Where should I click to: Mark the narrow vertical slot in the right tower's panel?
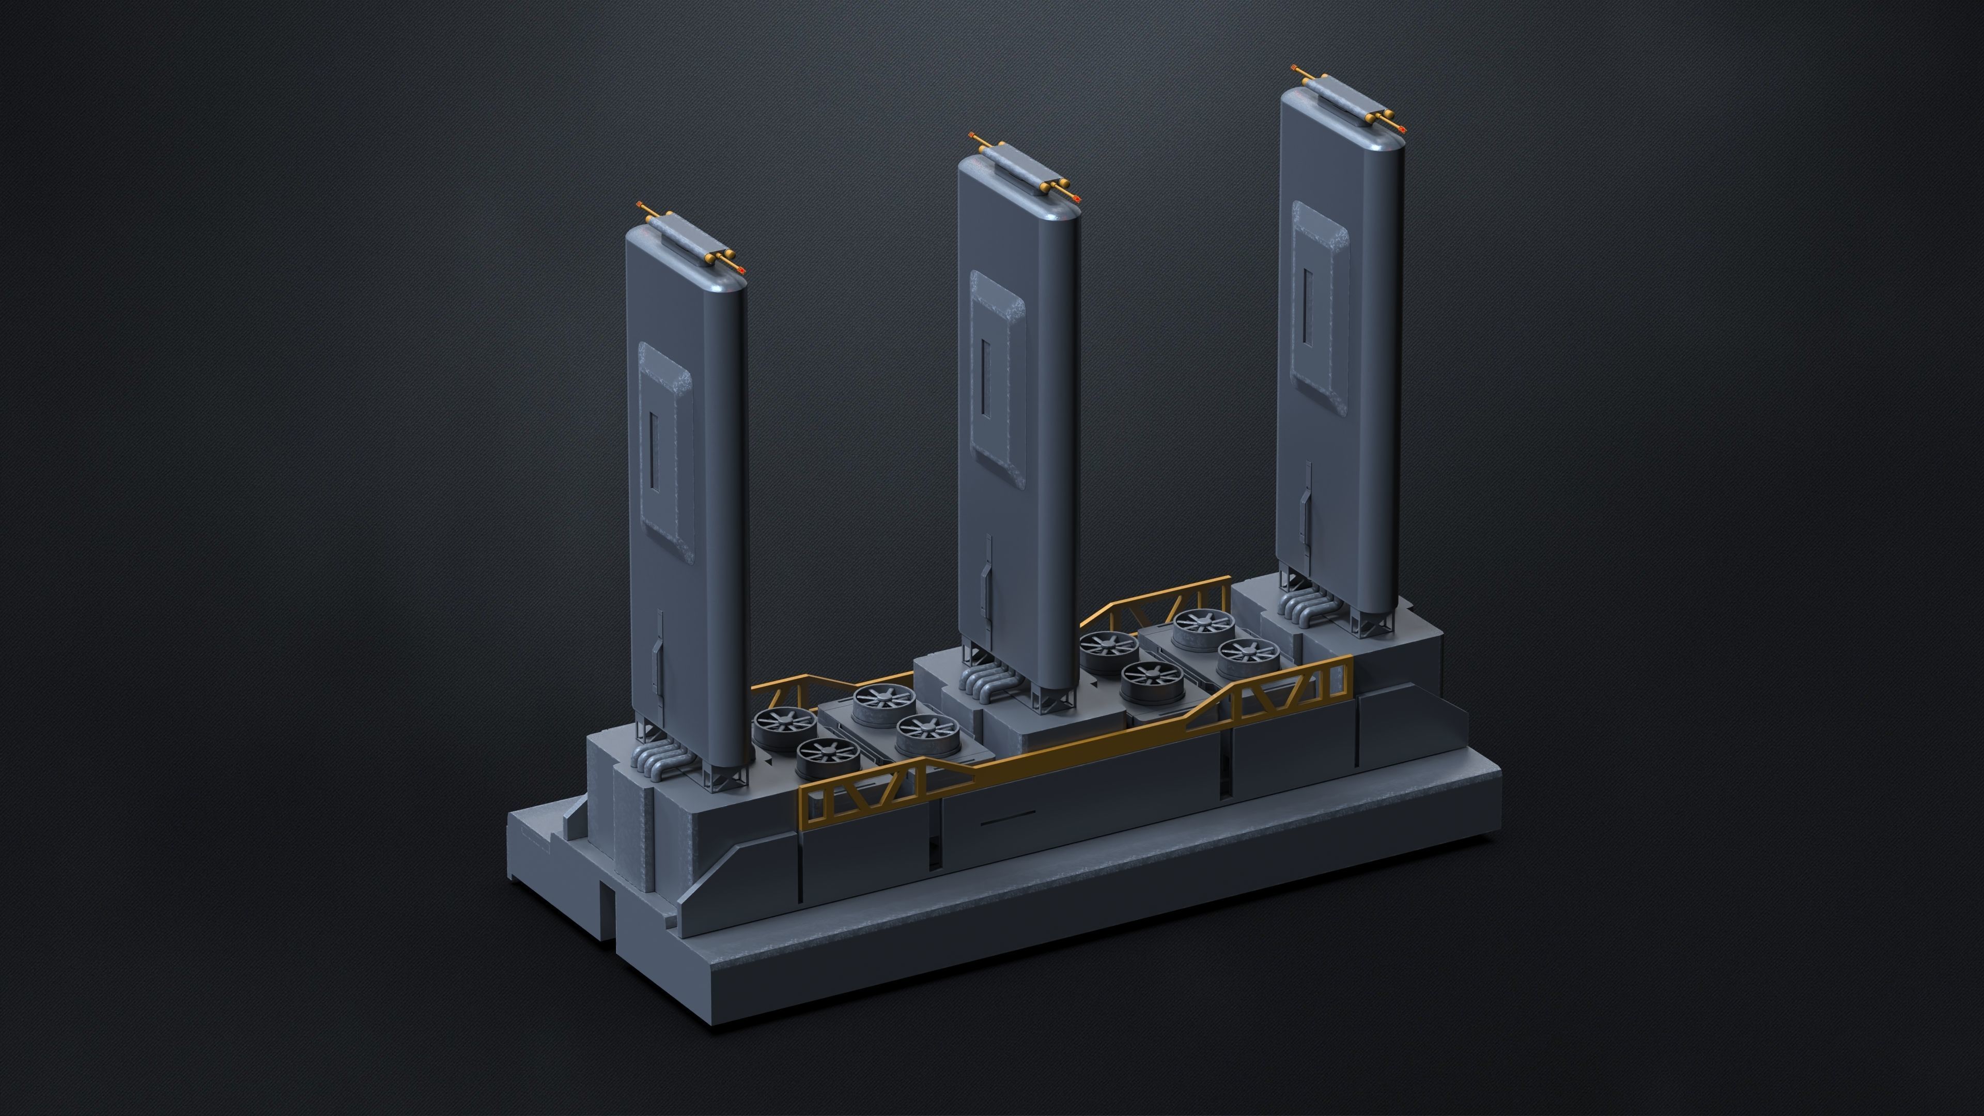click(1308, 306)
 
